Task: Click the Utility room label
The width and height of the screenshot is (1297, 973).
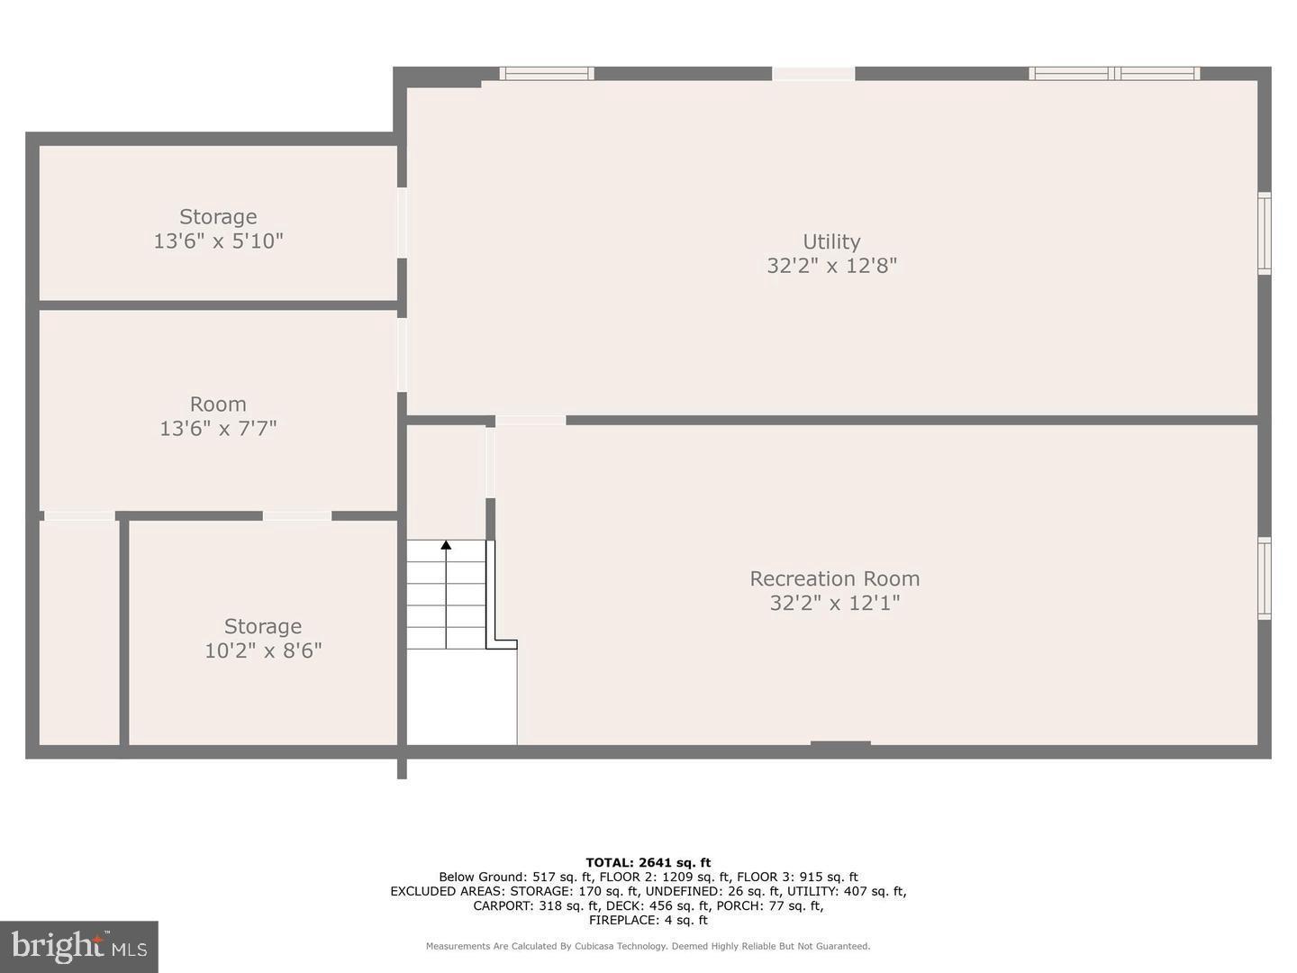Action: click(x=831, y=241)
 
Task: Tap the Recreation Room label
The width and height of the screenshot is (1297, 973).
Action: click(x=834, y=578)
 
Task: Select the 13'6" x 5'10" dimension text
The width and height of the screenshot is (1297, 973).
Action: click(x=219, y=241)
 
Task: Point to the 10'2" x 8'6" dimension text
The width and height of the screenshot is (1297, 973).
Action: click(x=263, y=650)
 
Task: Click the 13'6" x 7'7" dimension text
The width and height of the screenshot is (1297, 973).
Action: click(x=218, y=428)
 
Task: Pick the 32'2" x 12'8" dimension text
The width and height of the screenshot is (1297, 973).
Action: click(x=832, y=266)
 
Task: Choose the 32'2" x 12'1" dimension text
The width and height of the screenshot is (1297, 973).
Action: click(x=834, y=604)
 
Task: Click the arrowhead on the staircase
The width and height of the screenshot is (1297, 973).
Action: click(x=446, y=545)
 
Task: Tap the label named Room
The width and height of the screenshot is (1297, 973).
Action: click(x=218, y=405)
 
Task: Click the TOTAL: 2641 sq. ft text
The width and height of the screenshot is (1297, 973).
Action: click(x=648, y=862)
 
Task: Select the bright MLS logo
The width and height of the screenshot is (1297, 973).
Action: click(x=79, y=946)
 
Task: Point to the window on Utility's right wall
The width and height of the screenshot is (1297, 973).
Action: click(x=1264, y=232)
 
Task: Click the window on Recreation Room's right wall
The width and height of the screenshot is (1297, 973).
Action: click(x=1264, y=578)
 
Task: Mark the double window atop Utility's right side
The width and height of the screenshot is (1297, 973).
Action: click(x=1114, y=73)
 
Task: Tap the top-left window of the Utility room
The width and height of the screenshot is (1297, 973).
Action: click(x=547, y=73)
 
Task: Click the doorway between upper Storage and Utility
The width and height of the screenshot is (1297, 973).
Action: click(x=402, y=223)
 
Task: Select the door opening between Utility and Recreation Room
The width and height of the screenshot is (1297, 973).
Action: click(x=530, y=420)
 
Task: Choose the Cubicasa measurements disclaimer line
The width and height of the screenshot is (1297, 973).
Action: click(x=648, y=946)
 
